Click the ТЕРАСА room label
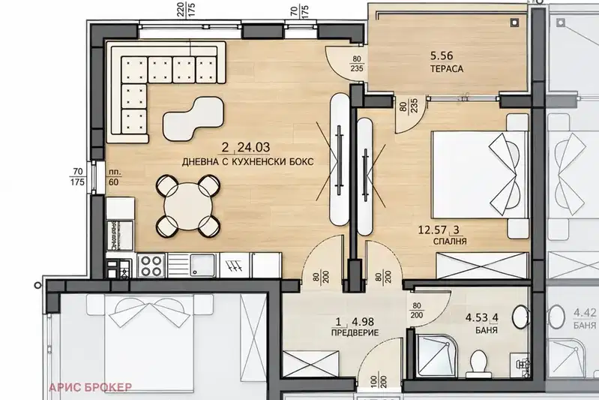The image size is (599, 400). click(x=447, y=69)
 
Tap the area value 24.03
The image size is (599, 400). click(x=253, y=147)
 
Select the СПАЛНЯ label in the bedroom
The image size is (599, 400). click(x=450, y=242)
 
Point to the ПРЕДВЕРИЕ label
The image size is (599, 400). click(x=355, y=332)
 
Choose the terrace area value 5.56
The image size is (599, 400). click(x=442, y=56)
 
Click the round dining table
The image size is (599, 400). click(x=188, y=206)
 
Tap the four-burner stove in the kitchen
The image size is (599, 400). click(x=151, y=266)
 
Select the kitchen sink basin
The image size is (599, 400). click(x=204, y=266)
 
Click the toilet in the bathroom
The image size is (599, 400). click(x=478, y=364)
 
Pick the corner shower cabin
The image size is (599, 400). click(x=435, y=356)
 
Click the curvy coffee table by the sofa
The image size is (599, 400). click(x=193, y=118)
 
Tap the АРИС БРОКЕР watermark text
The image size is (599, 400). click(x=91, y=387)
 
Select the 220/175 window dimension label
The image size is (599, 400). click(x=186, y=10)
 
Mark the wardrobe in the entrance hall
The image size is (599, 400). click(x=310, y=363)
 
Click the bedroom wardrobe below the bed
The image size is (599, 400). click(x=481, y=266)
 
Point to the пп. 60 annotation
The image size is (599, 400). click(x=114, y=177)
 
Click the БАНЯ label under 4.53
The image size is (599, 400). click(x=487, y=329)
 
